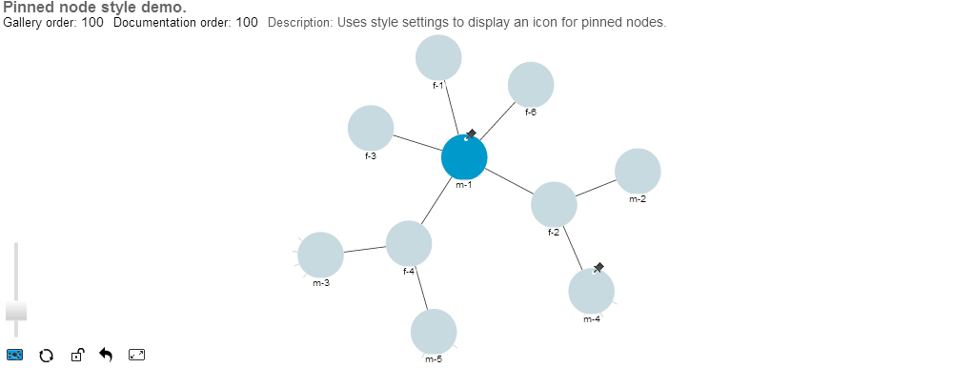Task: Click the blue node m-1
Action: point(464,157)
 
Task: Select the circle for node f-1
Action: point(438,58)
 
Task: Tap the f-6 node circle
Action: point(531,85)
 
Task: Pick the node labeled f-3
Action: point(371,129)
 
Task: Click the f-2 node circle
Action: point(554,204)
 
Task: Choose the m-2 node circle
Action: point(638,172)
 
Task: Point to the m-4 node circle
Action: point(591,291)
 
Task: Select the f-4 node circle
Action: point(409,244)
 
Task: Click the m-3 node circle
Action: point(320,256)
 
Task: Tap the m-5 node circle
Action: point(434,332)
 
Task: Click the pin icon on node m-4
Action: point(598,268)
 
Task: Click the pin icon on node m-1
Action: point(471,134)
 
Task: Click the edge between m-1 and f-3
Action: point(417,143)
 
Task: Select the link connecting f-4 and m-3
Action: point(364,250)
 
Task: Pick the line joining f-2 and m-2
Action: point(596,188)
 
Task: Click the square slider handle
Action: point(16,310)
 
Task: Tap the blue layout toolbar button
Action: point(15,356)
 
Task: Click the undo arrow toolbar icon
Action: point(106,356)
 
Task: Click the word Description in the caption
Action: point(299,22)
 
